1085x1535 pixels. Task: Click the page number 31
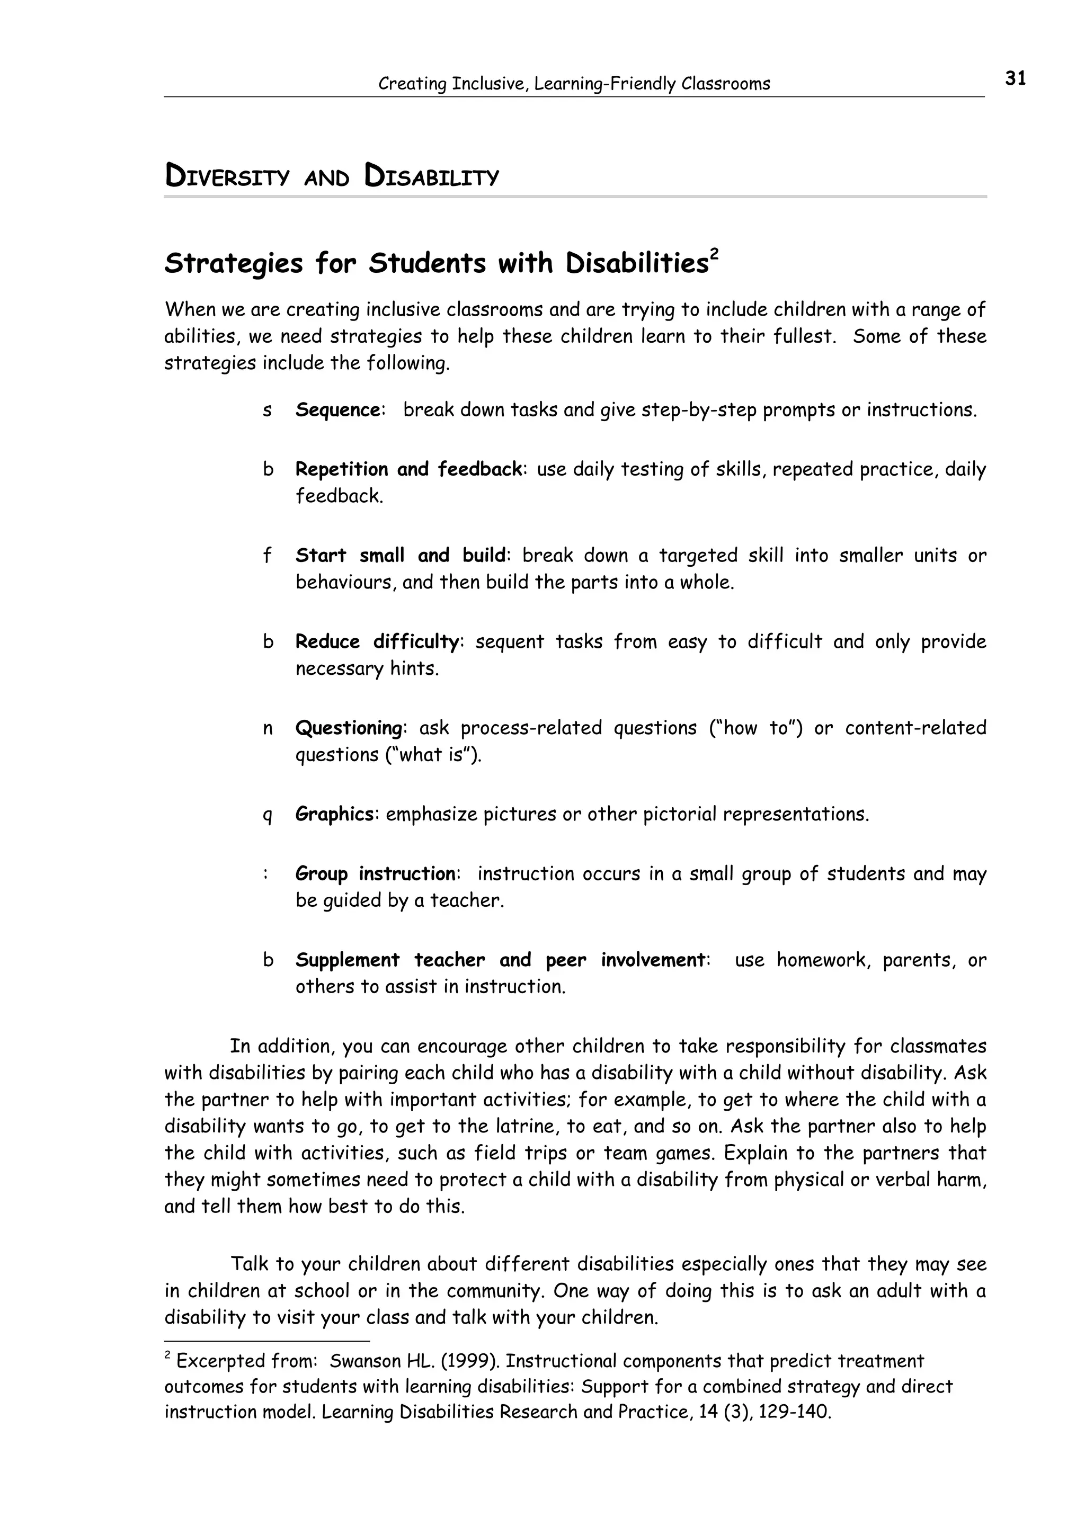tap(1015, 78)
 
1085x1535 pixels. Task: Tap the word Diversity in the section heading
tap(227, 177)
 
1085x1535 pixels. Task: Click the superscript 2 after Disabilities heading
tap(714, 255)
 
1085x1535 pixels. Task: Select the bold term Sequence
tap(339, 410)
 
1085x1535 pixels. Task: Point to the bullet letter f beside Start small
tap(268, 556)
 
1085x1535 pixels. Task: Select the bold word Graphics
tap(335, 814)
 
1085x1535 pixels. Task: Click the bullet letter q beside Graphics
tap(268, 816)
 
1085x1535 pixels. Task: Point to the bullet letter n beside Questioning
tap(268, 729)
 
